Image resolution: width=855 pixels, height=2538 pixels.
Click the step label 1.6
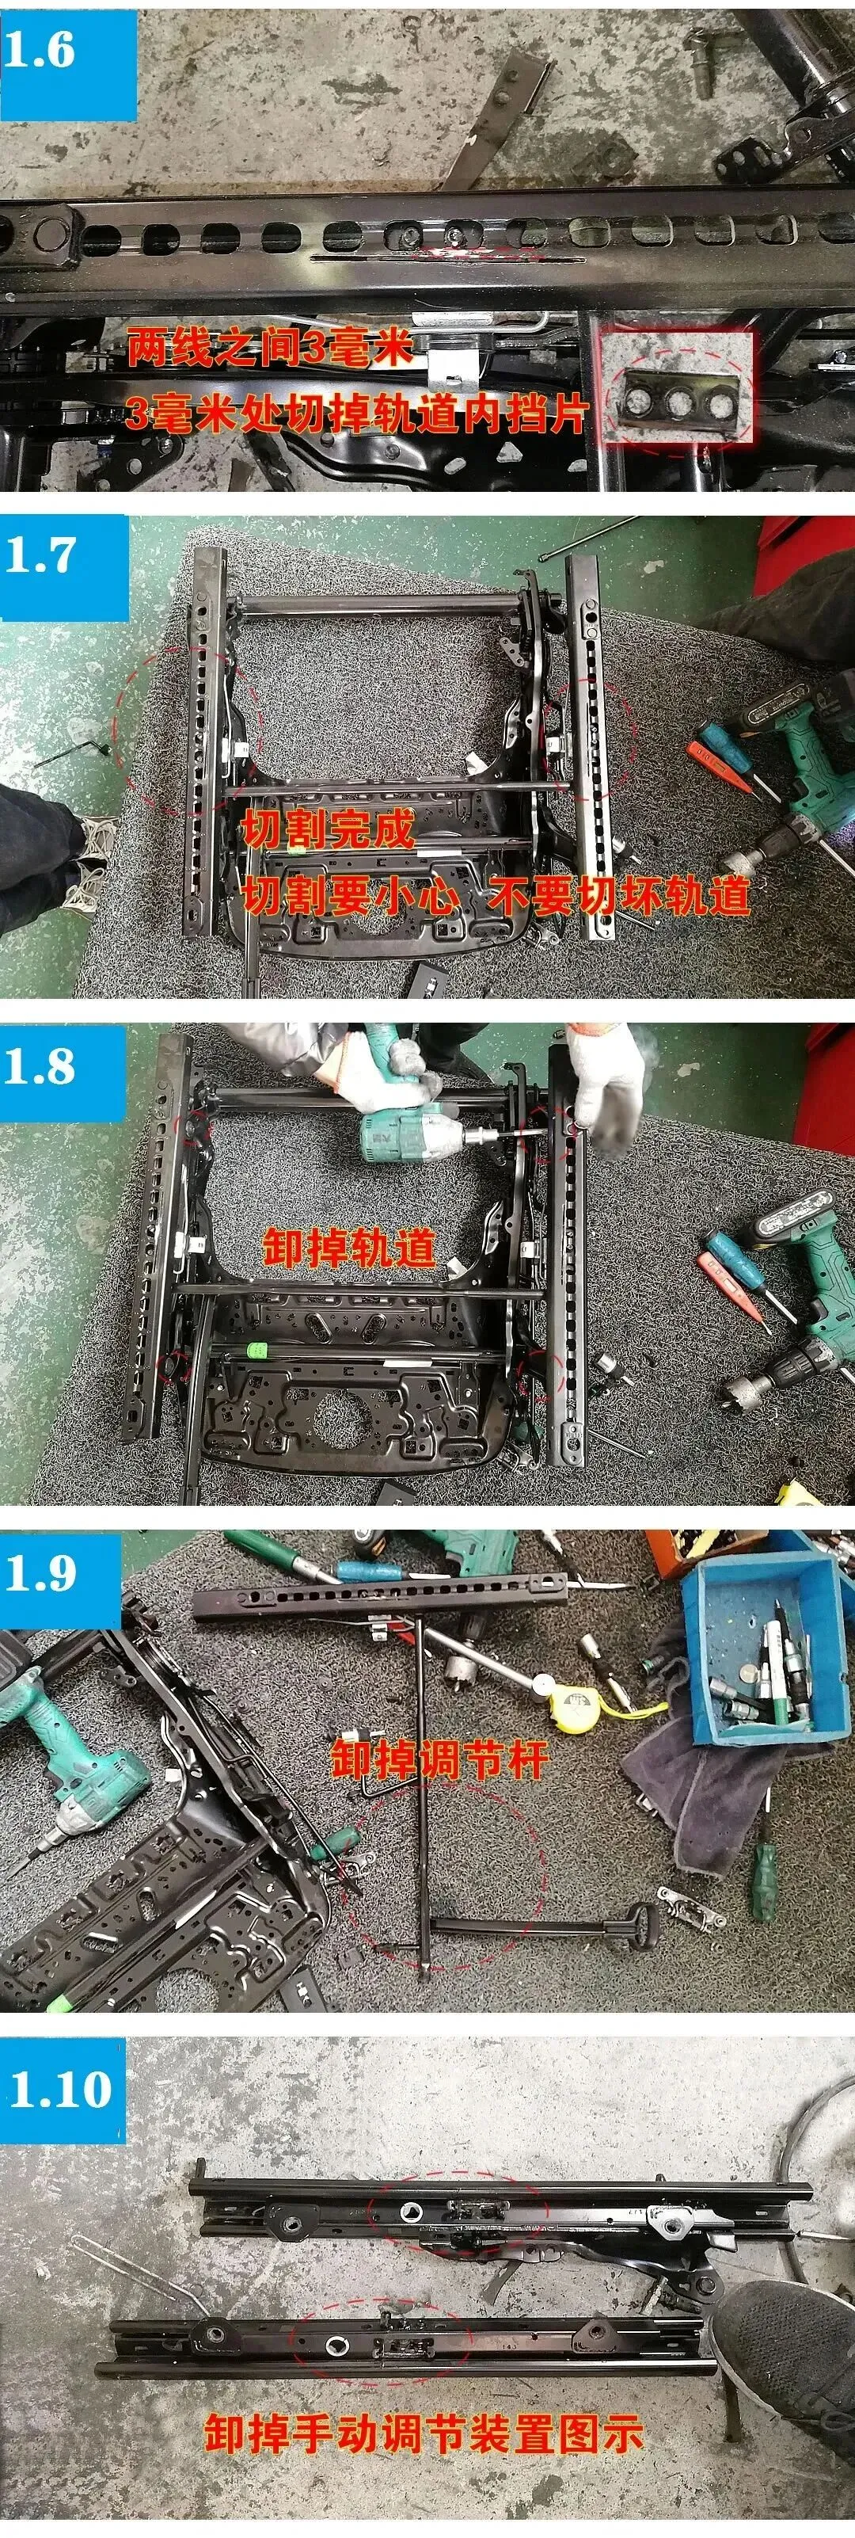(40, 49)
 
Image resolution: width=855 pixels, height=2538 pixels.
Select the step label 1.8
(40, 1066)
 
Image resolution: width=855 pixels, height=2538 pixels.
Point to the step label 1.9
(40, 1572)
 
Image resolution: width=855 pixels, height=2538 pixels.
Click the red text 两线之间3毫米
(268, 347)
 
